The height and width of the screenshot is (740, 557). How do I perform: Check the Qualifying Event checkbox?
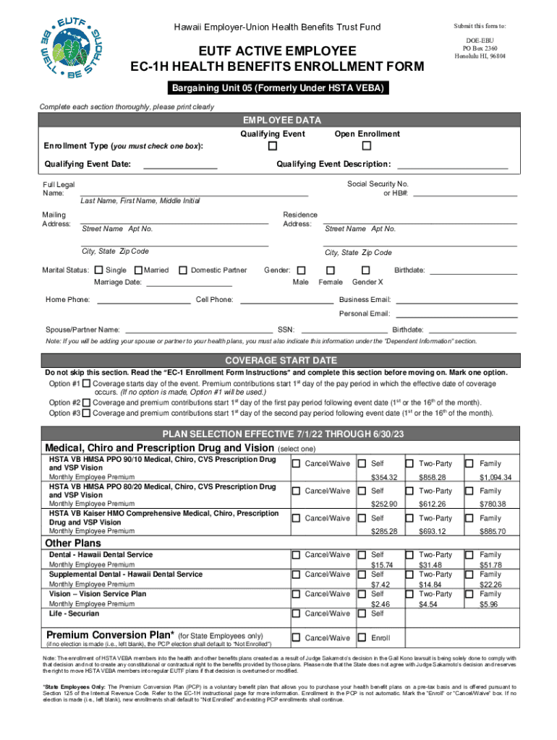273,147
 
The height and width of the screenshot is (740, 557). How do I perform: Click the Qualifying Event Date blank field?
180,164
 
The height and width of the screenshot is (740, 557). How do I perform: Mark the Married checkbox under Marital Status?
139,270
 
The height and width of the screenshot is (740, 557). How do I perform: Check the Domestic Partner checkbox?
183,270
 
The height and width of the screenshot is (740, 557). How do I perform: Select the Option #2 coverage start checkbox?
87,403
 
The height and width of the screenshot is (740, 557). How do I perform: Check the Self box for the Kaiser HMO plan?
362,518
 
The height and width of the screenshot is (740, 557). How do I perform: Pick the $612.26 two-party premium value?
432,504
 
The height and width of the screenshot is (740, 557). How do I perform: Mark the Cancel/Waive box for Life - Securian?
296,614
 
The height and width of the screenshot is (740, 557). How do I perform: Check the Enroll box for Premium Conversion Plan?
362,638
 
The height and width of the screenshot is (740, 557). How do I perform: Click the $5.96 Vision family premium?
490,604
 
